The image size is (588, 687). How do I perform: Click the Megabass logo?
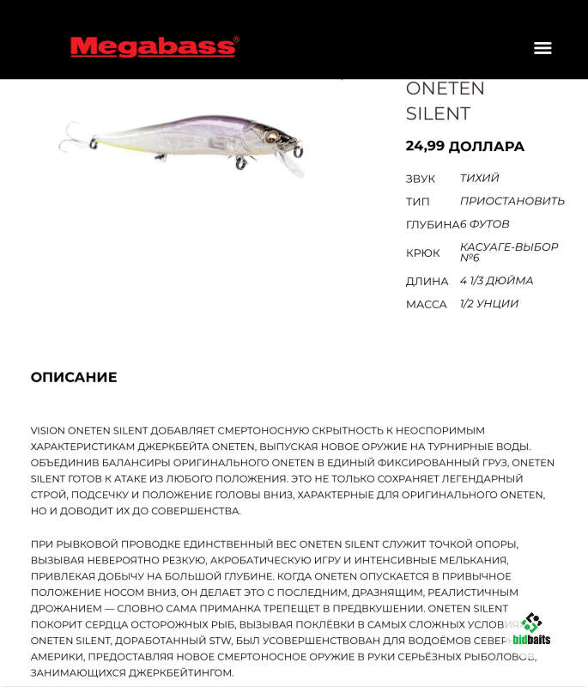pos(155,46)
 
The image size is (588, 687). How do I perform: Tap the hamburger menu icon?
pos(543,48)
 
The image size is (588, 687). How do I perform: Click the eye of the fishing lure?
pos(272,137)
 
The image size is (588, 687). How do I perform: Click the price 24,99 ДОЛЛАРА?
pos(464,146)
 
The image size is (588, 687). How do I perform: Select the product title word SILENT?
pos(438,113)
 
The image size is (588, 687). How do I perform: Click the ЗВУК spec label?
pos(421,179)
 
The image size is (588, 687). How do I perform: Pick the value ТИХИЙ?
pos(479,178)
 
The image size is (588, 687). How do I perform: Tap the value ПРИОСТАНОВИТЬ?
pos(512,201)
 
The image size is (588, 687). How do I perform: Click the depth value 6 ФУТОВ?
pos(485,224)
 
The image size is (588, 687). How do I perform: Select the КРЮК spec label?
pos(422,252)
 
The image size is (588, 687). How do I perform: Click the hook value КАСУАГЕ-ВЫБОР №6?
pos(508,252)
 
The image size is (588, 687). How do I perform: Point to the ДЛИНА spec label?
pos(427,281)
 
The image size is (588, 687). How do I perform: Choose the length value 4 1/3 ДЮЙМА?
pos(496,281)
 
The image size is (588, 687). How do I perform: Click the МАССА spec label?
pos(426,304)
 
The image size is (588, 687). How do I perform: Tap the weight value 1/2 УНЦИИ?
pos(488,303)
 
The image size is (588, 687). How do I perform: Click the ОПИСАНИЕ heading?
pos(74,377)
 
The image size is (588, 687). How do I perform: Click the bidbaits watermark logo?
pos(531,629)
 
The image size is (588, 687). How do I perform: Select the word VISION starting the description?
pos(47,430)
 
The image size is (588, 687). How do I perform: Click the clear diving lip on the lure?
pos(296,166)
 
